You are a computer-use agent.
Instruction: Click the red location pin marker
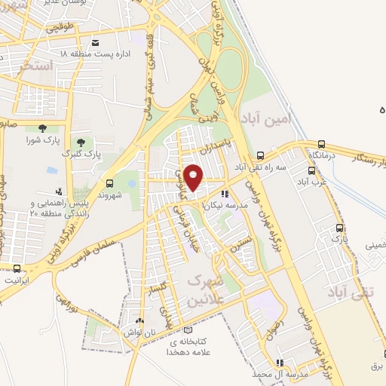194,177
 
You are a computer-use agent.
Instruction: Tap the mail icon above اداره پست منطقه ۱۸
95,43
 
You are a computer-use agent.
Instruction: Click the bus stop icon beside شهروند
110,183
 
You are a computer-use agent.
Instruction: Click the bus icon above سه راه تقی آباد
260,153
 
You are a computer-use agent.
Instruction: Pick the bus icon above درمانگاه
322,143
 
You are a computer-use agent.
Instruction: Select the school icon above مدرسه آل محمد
280,362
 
